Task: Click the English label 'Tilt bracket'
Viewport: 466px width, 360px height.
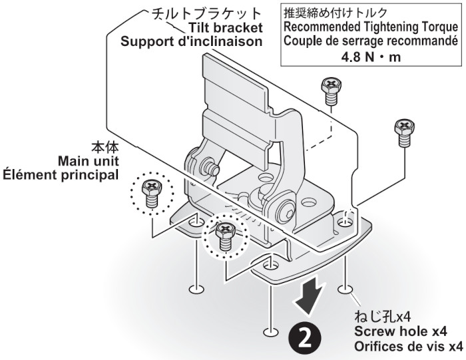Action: [226, 27]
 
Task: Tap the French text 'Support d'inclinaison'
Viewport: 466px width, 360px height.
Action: [191, 41]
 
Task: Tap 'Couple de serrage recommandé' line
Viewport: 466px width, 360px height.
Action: [370, 41]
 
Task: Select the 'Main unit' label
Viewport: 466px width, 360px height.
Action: [88, 162]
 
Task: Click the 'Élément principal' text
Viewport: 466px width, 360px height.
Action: [64, 176]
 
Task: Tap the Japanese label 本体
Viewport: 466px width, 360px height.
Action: [105, 147]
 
